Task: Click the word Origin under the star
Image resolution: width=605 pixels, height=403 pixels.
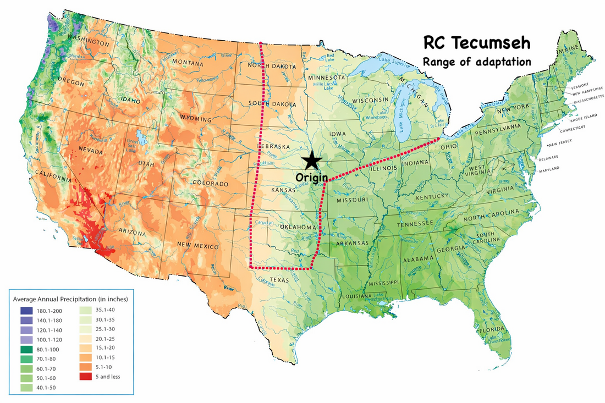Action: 312,178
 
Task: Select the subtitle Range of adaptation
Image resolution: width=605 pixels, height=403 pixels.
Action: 476,61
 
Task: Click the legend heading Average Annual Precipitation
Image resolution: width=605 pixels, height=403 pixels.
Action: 70,299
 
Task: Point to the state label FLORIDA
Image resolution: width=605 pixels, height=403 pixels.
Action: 491,330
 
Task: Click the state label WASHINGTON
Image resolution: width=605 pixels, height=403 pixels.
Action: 87,42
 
